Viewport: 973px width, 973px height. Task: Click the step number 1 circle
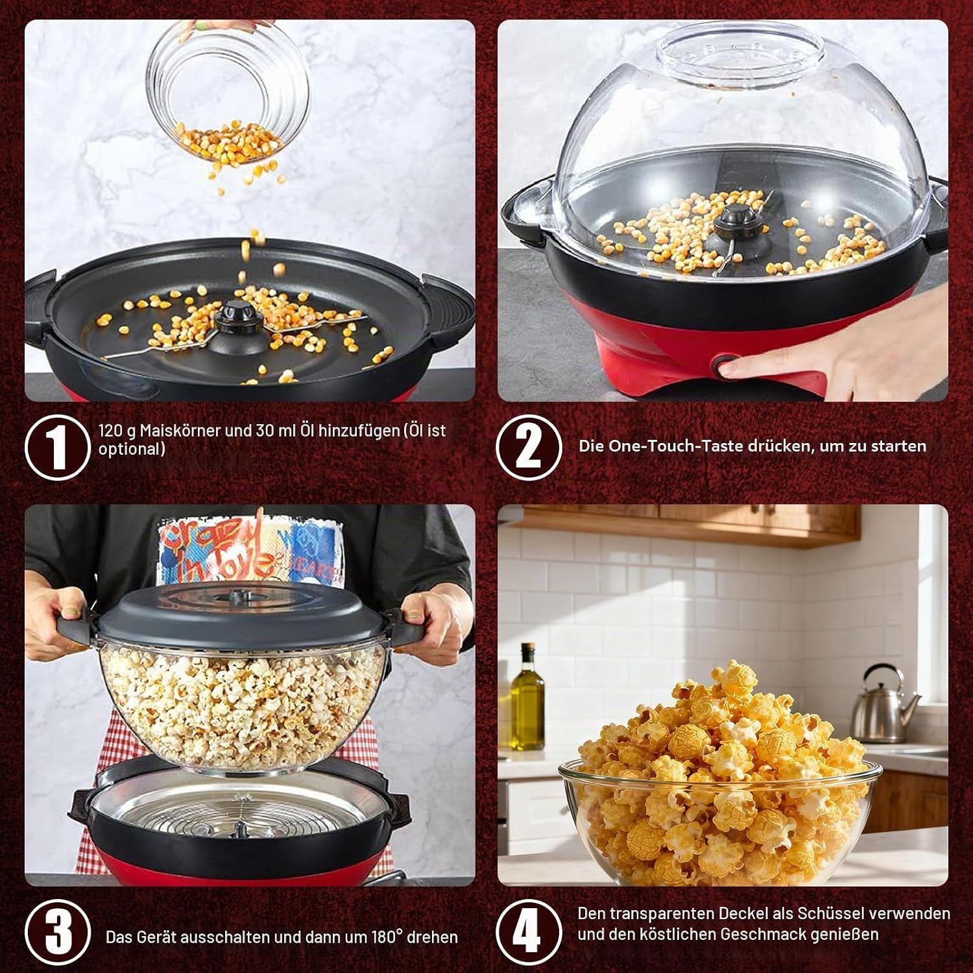pos(57,447)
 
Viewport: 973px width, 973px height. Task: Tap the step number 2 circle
pos(529,447)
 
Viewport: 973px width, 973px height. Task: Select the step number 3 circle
pos(57,932)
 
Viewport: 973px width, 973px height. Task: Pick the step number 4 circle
pos(529,932)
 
